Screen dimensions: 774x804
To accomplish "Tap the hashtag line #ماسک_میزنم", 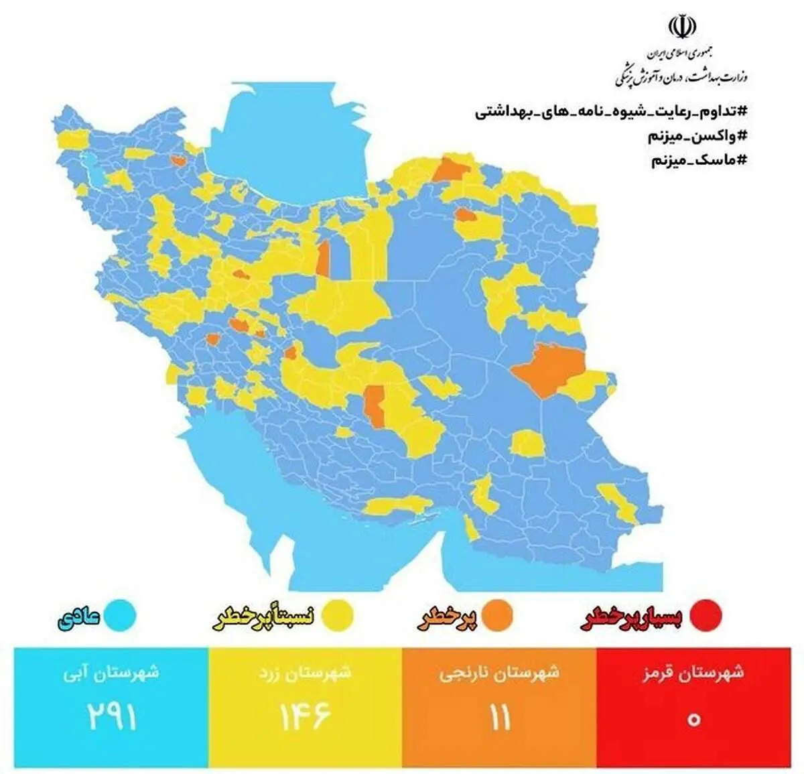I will pyautogui.click(x=699, y=161).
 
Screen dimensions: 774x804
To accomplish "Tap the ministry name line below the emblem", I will pyautogui.click(x=681, y=76).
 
